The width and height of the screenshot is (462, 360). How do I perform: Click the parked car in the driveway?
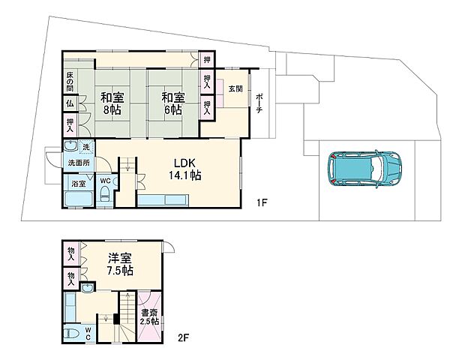(364, 169)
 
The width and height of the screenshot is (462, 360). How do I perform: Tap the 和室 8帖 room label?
(112, 103)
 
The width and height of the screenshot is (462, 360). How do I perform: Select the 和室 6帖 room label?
(173, 103)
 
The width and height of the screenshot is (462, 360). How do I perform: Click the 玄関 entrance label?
(235, 88)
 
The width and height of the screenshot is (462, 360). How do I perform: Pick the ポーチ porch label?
(259, 103)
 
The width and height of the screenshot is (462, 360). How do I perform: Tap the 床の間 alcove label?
(70, 81)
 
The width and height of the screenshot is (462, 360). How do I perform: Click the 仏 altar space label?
(70, 103)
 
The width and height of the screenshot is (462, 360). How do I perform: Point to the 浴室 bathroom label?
(79, 184)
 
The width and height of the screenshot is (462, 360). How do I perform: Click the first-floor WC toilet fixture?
(105, 195)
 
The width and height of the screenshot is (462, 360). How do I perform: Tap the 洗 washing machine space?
(86, 147)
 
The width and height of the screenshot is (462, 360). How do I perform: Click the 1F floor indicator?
(262, 202)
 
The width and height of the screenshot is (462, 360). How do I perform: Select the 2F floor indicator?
(183, 337)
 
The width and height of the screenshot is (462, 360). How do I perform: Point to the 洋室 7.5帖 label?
(120, 264)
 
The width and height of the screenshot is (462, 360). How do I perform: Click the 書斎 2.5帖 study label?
(150, 316)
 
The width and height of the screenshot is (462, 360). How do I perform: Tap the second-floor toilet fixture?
(73, 334)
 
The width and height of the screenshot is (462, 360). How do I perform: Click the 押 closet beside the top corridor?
(207, 59)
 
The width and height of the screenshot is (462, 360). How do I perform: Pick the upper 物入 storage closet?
(70, 253)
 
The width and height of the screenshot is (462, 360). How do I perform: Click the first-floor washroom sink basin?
(70, 145)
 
